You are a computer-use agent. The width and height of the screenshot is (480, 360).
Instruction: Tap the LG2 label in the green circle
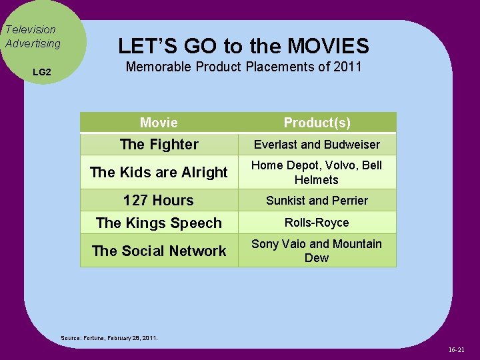(41, 71)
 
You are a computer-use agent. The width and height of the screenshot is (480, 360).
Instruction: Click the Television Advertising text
(32, 37)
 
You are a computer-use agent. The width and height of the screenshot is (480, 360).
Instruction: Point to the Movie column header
(159, 123)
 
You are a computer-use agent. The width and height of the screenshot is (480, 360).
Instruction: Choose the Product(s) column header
(317, 123)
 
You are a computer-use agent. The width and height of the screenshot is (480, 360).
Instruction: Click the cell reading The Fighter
(159, 144)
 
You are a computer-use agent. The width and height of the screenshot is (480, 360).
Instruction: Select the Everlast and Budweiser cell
(317, 145)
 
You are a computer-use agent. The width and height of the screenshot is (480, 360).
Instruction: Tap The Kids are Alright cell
(159, 172)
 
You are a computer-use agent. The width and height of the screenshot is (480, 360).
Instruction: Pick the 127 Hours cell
(159, 200)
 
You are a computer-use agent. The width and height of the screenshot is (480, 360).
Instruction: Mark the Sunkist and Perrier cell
(317, 201)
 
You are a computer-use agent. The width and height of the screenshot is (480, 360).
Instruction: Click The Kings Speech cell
(159, 223)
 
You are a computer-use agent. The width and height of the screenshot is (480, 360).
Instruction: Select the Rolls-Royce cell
(317, 223)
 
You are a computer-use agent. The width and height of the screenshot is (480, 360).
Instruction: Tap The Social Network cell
(159, 251)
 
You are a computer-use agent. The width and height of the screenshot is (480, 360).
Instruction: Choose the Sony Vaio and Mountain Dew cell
(317, 251)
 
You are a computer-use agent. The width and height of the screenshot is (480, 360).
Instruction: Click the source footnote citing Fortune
(109, 338)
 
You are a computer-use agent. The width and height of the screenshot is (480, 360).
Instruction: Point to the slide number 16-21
(457, 349)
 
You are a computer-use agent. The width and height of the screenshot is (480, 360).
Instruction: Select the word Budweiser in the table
(355, 145)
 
